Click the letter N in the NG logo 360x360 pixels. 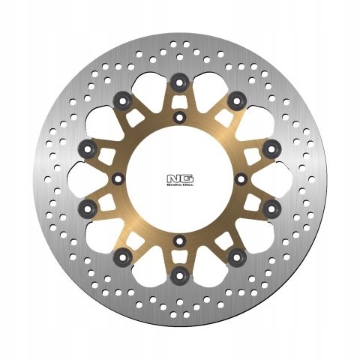click(x=175, y=177)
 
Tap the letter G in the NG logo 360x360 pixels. click(x=184, y=177)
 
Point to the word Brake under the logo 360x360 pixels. click(x=175, y=184)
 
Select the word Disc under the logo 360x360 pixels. click(x=184, y=184)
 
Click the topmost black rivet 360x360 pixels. click(x=179, y=79)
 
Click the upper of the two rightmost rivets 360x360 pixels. click(x=272, y=145)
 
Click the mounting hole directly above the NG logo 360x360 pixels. click(x=179, y=118)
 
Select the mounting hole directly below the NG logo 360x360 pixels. click(x=179, y=241)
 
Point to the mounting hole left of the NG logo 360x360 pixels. click(x=118, y=179)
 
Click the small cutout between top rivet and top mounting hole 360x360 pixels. click(x=179, y=100)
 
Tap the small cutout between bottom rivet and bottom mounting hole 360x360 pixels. click(x=179, y=259)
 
